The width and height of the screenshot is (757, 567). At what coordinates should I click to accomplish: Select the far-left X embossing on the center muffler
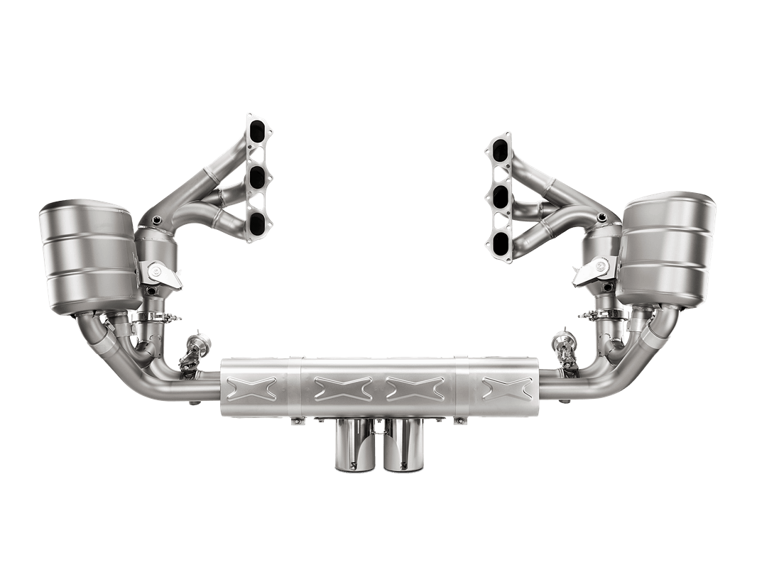[254, 386]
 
